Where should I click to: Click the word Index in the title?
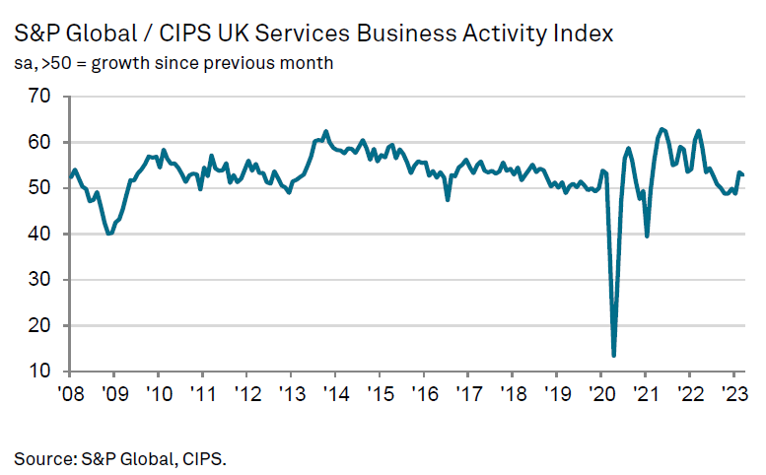(581, 34)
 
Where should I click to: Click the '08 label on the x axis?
(69, 391)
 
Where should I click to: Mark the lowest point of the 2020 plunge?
(614, 355)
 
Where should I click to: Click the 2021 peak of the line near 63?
(662, 129)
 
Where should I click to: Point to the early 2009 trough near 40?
(108, 234)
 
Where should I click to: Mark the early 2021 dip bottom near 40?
(647, 236)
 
